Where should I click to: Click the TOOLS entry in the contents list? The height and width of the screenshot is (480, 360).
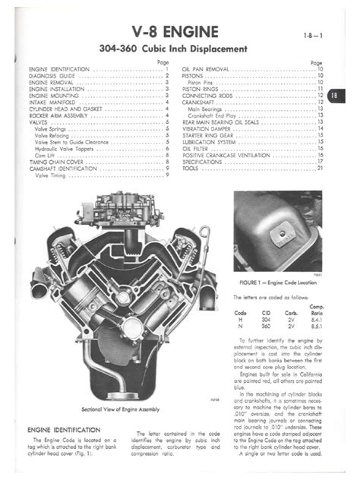pos(191,168)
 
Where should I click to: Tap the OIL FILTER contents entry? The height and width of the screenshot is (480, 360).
pos(197,149)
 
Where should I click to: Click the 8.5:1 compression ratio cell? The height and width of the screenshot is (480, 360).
pos(318,325)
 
